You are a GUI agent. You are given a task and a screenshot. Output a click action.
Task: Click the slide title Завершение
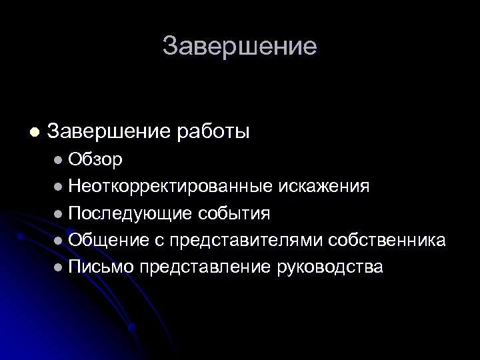(240, 47)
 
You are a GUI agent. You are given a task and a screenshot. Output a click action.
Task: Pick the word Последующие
(129, 213)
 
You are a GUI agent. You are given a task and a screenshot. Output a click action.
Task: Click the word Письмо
(101, 267)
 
